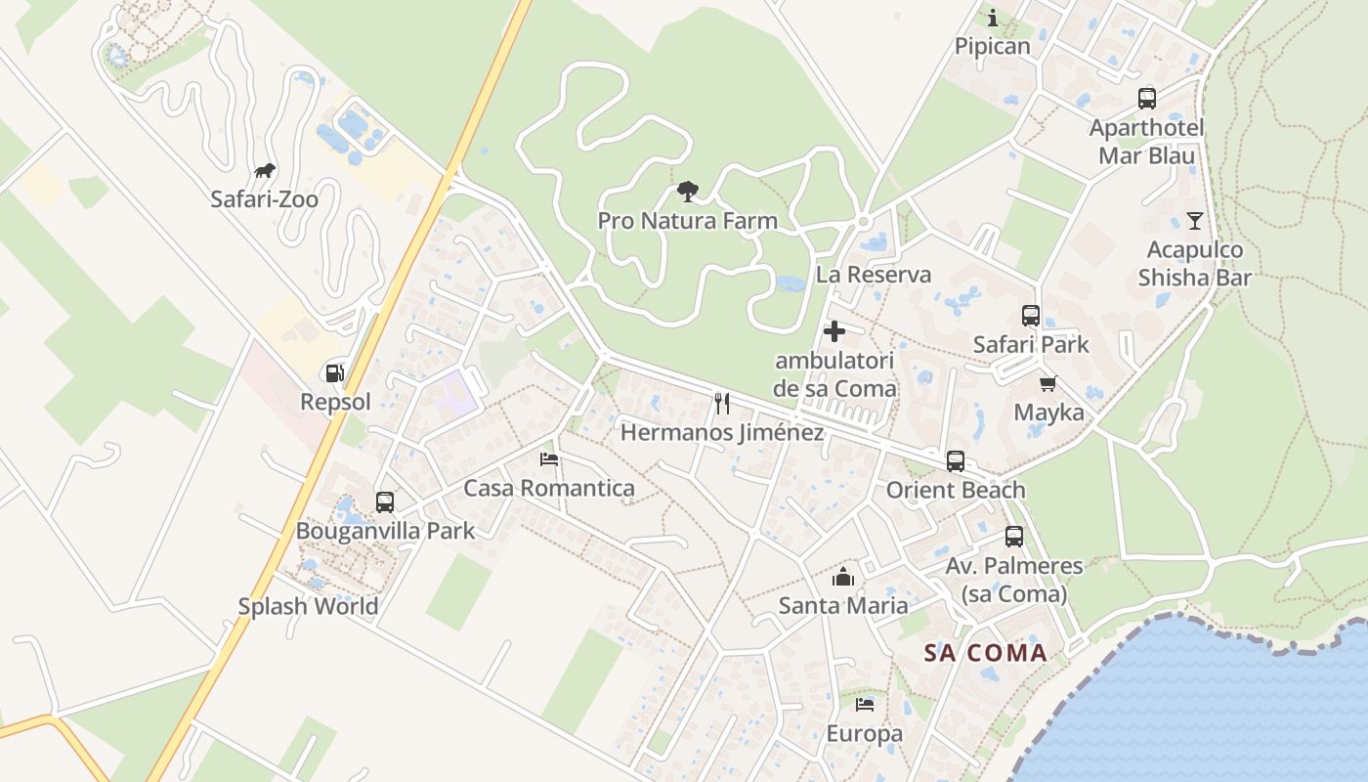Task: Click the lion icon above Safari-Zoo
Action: pyautogui.click(x=264, y=172)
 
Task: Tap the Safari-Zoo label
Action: pyautogui.click(x=264, y=199)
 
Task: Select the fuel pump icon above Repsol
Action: pyautogui.click(x=334, y=372)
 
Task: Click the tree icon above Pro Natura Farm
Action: pyautogui.click(x=687, y=192)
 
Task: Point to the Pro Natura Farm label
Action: pyautogui.click(x=687, y=221)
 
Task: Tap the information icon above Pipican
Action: pyautogui.click(x=993, y=18)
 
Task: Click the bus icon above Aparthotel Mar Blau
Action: pyautogui.click(x=1146, y=99)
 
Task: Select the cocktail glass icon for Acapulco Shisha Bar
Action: pyautogui.click(x=1194, y=221)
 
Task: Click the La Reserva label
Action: pyautogui.click(x=873, y=275)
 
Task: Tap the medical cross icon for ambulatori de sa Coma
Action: pyautogui.click(x=834, y=332)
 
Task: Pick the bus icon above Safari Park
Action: pyautogui.click(x=1031, y=316)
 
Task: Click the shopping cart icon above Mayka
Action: pyautogui.click(x=1048, y=384)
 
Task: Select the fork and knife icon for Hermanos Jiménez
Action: pyautogui.click(x=722, y=403)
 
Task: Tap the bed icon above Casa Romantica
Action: pyautogui.click(x=549, y=458)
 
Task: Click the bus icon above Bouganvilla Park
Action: pyautogui.click(x=385, y=502)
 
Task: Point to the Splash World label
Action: pyautogui.click(x=308, y=606)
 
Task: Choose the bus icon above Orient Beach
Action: pyautogui.click(x=955, y=461)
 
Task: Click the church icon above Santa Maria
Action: pyautogui.click(x=843, y=577)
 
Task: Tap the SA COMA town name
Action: pyautogui.click(x=985, y=653)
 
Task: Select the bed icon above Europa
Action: pyautogui.click(x=865, y=705)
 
